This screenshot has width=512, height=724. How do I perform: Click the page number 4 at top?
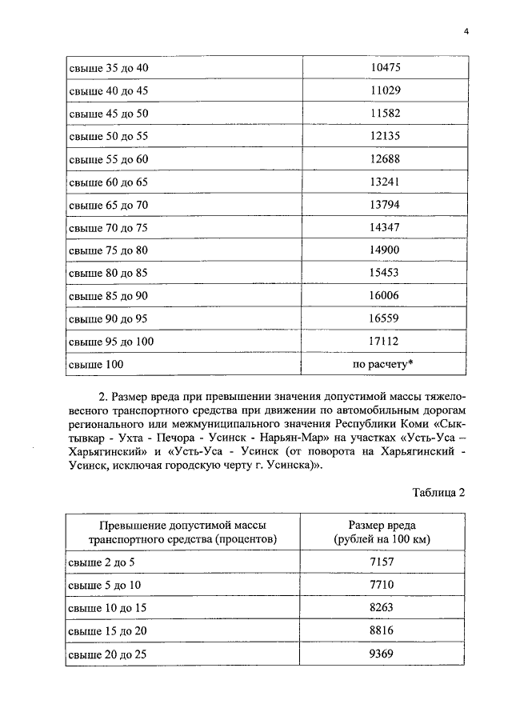click(465, 31)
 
